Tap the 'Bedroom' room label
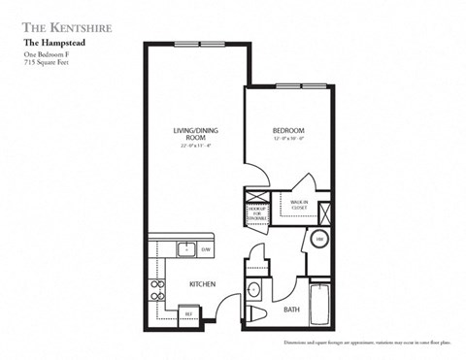coord(288,131)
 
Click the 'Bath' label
coord(291,310)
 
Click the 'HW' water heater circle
coord(319,241)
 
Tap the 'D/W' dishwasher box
coord(205,249)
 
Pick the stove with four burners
coord(155,288)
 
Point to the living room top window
coord(214,43)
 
